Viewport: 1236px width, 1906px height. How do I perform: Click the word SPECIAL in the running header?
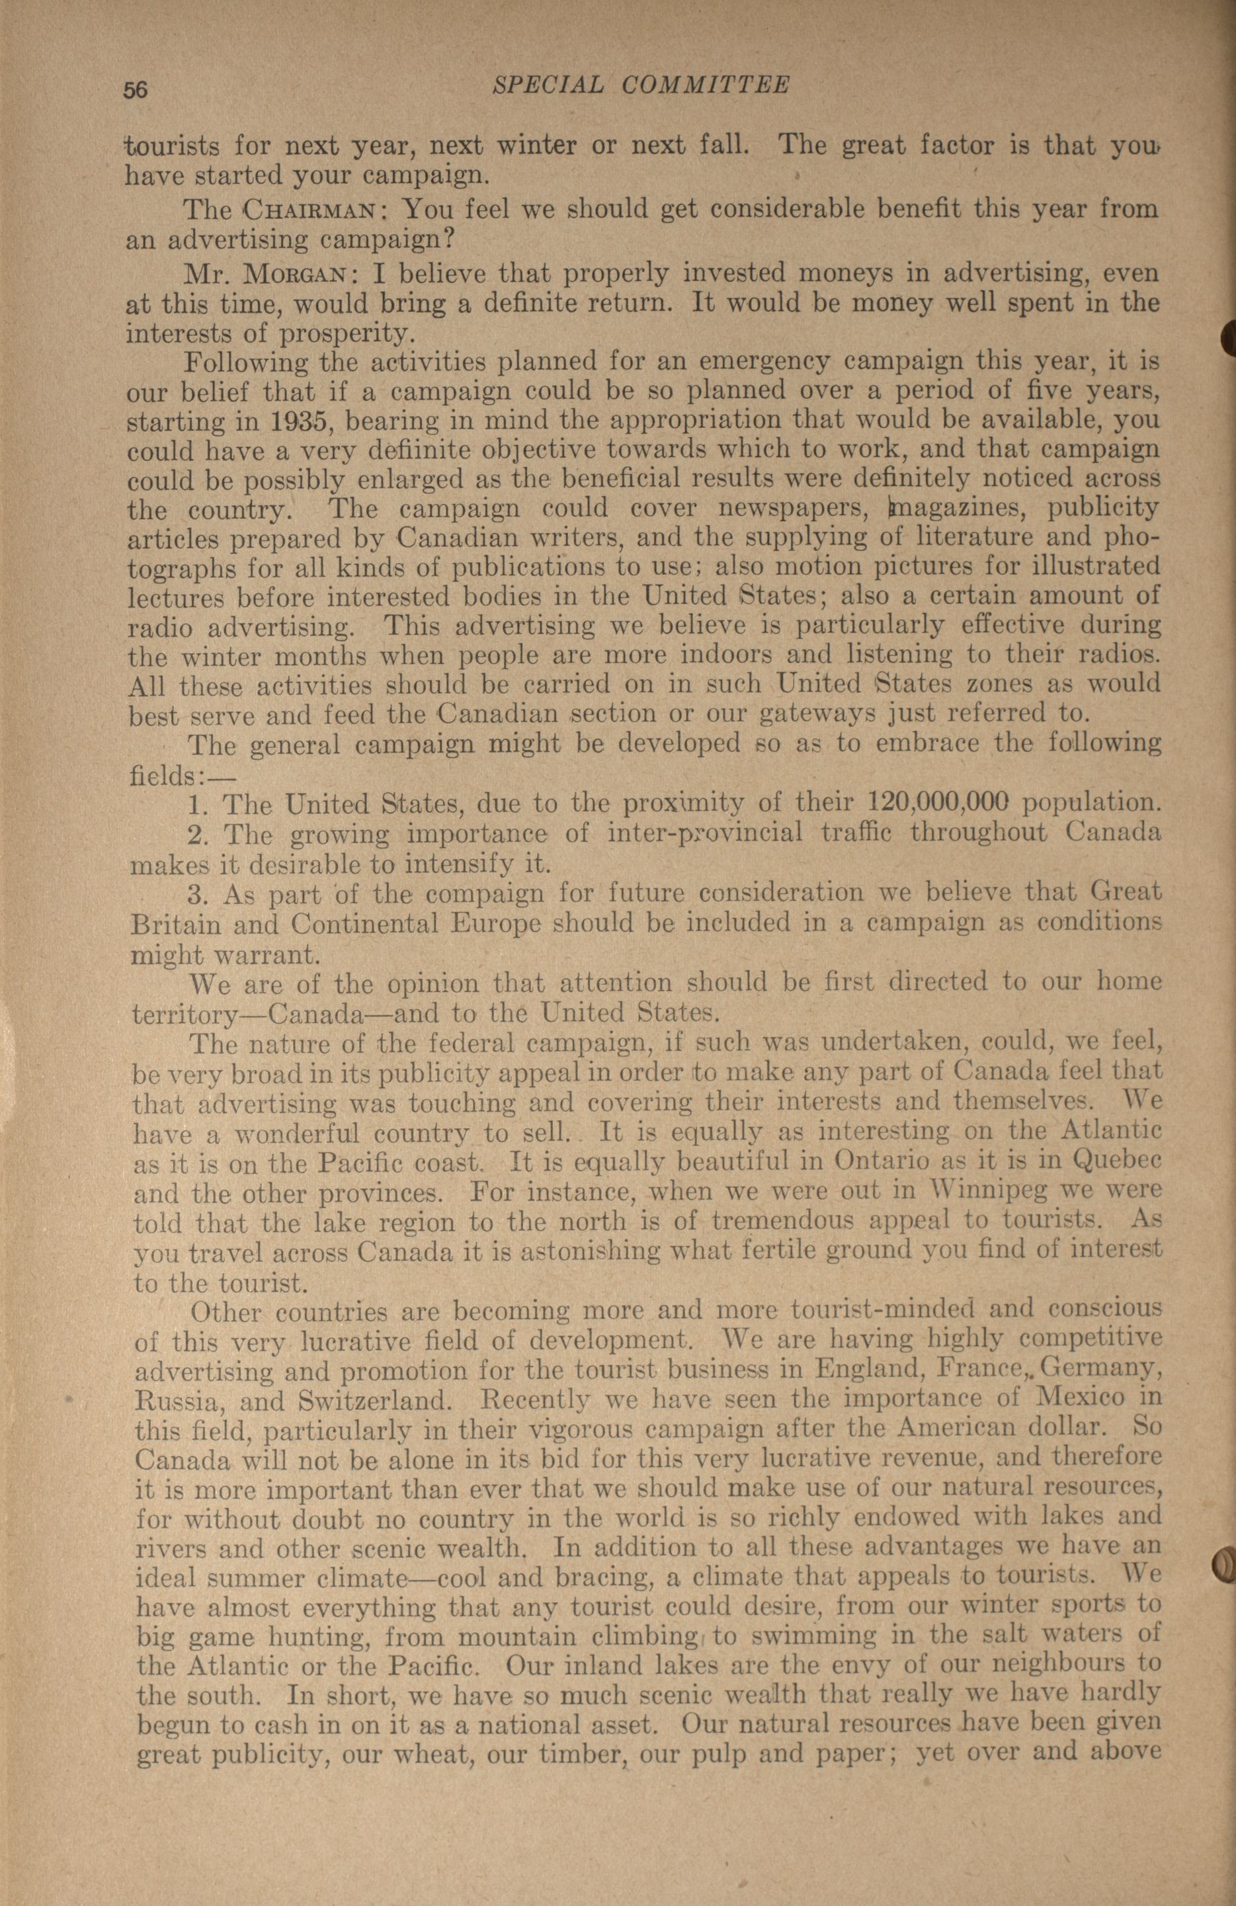[547, 85]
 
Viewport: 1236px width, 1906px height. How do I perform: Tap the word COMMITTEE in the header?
[706, 85]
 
